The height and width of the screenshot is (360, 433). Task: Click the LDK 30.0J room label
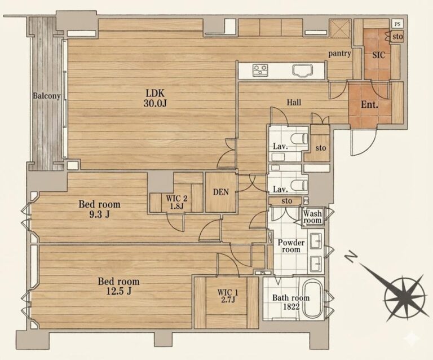coord(155,98)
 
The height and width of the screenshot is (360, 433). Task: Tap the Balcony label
coord(47,96)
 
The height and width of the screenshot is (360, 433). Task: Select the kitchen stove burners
coord(260,70)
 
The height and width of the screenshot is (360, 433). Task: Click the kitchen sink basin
coord(303,70)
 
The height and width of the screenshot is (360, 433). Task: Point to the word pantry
coord(339,54)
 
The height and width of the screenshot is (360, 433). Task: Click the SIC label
coord(379,55)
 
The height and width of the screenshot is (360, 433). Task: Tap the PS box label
coord(397,24)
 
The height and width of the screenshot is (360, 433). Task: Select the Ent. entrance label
coord(369,105)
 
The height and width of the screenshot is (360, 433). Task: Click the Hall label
coord(294,103)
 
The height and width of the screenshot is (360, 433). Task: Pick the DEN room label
coord(221,192)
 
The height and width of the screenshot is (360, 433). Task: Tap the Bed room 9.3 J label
coord(99,209)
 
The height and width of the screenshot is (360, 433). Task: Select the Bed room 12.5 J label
coord(119,286)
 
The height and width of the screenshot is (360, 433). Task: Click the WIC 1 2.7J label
coord(228,296)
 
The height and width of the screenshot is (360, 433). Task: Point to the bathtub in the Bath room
coord(313,299)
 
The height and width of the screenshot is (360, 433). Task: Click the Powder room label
coord(291,246)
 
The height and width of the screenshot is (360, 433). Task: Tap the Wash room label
coord(312,217)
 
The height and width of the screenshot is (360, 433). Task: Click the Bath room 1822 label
coord(291,302)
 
